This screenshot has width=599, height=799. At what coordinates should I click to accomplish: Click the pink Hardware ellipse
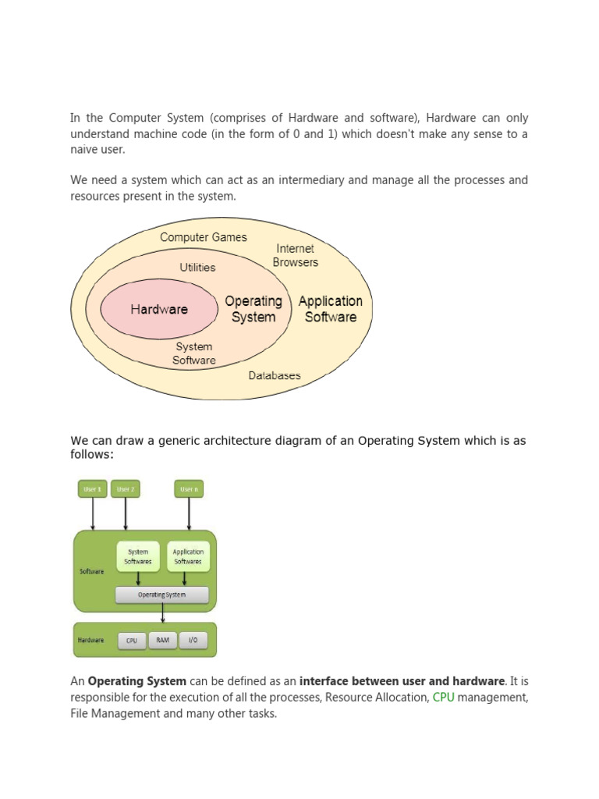(159, 309)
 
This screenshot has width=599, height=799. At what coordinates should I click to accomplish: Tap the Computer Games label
(203, 237)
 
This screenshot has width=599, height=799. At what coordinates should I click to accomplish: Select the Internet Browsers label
(296, 255)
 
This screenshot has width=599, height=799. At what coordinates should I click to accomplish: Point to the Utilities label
(197, 267)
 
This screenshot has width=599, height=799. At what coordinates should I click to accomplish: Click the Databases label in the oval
(275, 375)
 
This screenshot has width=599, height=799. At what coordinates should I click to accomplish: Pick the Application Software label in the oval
(331, 309)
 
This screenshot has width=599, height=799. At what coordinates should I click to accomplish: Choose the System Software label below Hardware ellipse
(195, 353)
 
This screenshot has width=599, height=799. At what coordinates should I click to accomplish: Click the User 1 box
(93, 489)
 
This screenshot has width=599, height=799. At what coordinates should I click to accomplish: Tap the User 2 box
(125, 489)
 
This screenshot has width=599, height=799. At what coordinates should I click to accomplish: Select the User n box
(189, 489)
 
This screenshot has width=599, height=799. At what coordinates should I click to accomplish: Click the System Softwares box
(138, 556)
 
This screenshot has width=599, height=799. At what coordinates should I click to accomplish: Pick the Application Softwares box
(188, 556)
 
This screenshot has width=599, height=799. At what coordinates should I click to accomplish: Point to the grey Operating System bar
(162, 595)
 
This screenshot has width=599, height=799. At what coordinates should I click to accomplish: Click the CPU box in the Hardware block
(132, 641)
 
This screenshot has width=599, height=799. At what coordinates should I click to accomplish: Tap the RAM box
(162, 641)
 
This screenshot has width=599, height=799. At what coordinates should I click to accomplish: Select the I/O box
(193, 641)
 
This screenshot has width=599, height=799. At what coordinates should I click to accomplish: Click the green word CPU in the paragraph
(443, 697)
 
